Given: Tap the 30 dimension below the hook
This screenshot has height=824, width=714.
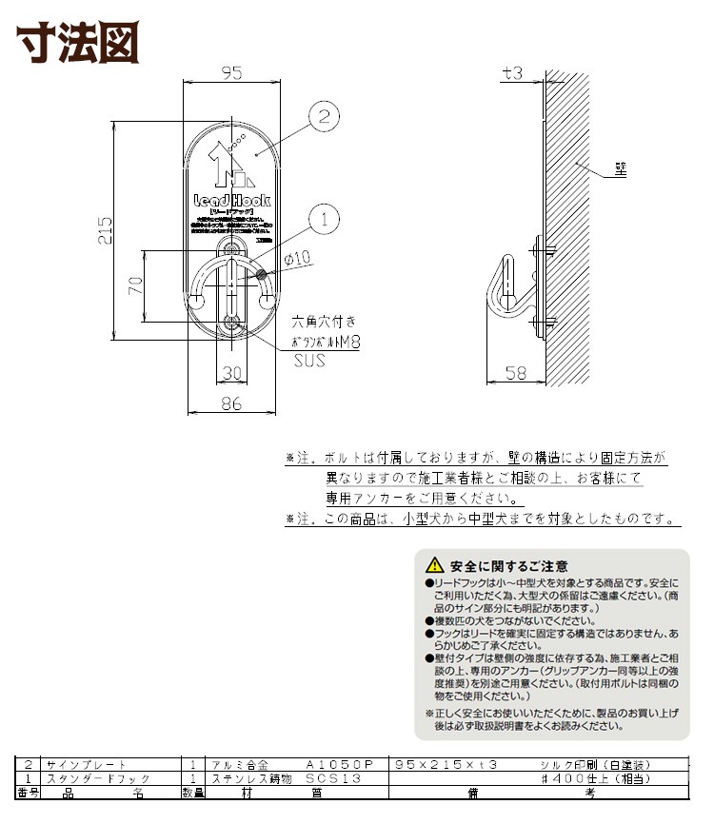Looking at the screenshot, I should [x=232, y=371].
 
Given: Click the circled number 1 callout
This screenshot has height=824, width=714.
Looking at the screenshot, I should [x=324, y=219].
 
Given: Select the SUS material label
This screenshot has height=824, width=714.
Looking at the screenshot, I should [x=308, y=361].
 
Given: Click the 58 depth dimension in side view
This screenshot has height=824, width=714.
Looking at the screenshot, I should [x=515, y=373].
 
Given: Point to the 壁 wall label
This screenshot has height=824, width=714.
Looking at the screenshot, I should [x=619, y=171].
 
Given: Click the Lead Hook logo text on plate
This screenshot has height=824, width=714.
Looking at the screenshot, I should [x=231, y=201].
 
